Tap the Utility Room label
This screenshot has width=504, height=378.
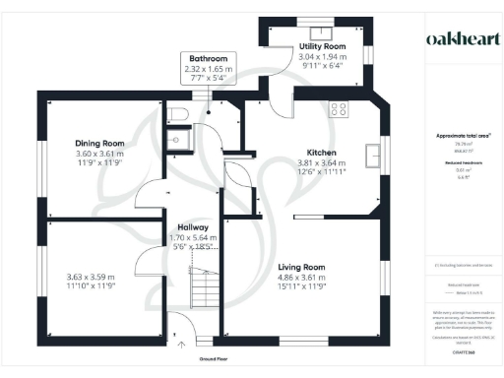tap(323, 46)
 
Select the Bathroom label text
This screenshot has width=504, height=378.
tap(209, 59)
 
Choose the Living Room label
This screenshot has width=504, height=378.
tap(301, 267)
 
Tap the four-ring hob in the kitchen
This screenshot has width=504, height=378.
tap(340, 108)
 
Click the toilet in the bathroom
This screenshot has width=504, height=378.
tap(178, 115)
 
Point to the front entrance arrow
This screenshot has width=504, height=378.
tap(179, 346)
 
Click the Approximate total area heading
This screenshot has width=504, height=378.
tap(456, 136)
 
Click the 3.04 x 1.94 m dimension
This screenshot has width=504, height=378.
tap(323, 57)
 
